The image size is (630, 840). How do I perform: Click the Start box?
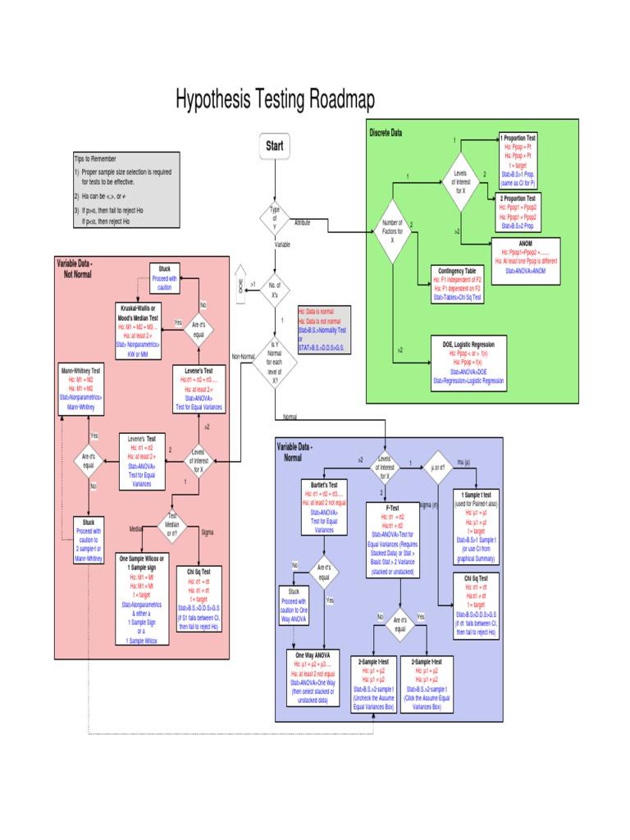pos(274,146)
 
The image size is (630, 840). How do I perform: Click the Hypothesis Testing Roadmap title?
pos(275,101)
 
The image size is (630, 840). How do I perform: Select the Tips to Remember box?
pos(126,189)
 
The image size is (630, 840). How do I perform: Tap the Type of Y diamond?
pos(274,219)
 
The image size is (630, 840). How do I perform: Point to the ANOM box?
pos(526,260)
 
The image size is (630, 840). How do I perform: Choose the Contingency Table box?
pos(457,284)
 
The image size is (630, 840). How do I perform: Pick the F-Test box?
pos(392,539)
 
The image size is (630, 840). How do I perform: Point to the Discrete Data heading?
pos(386,133)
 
